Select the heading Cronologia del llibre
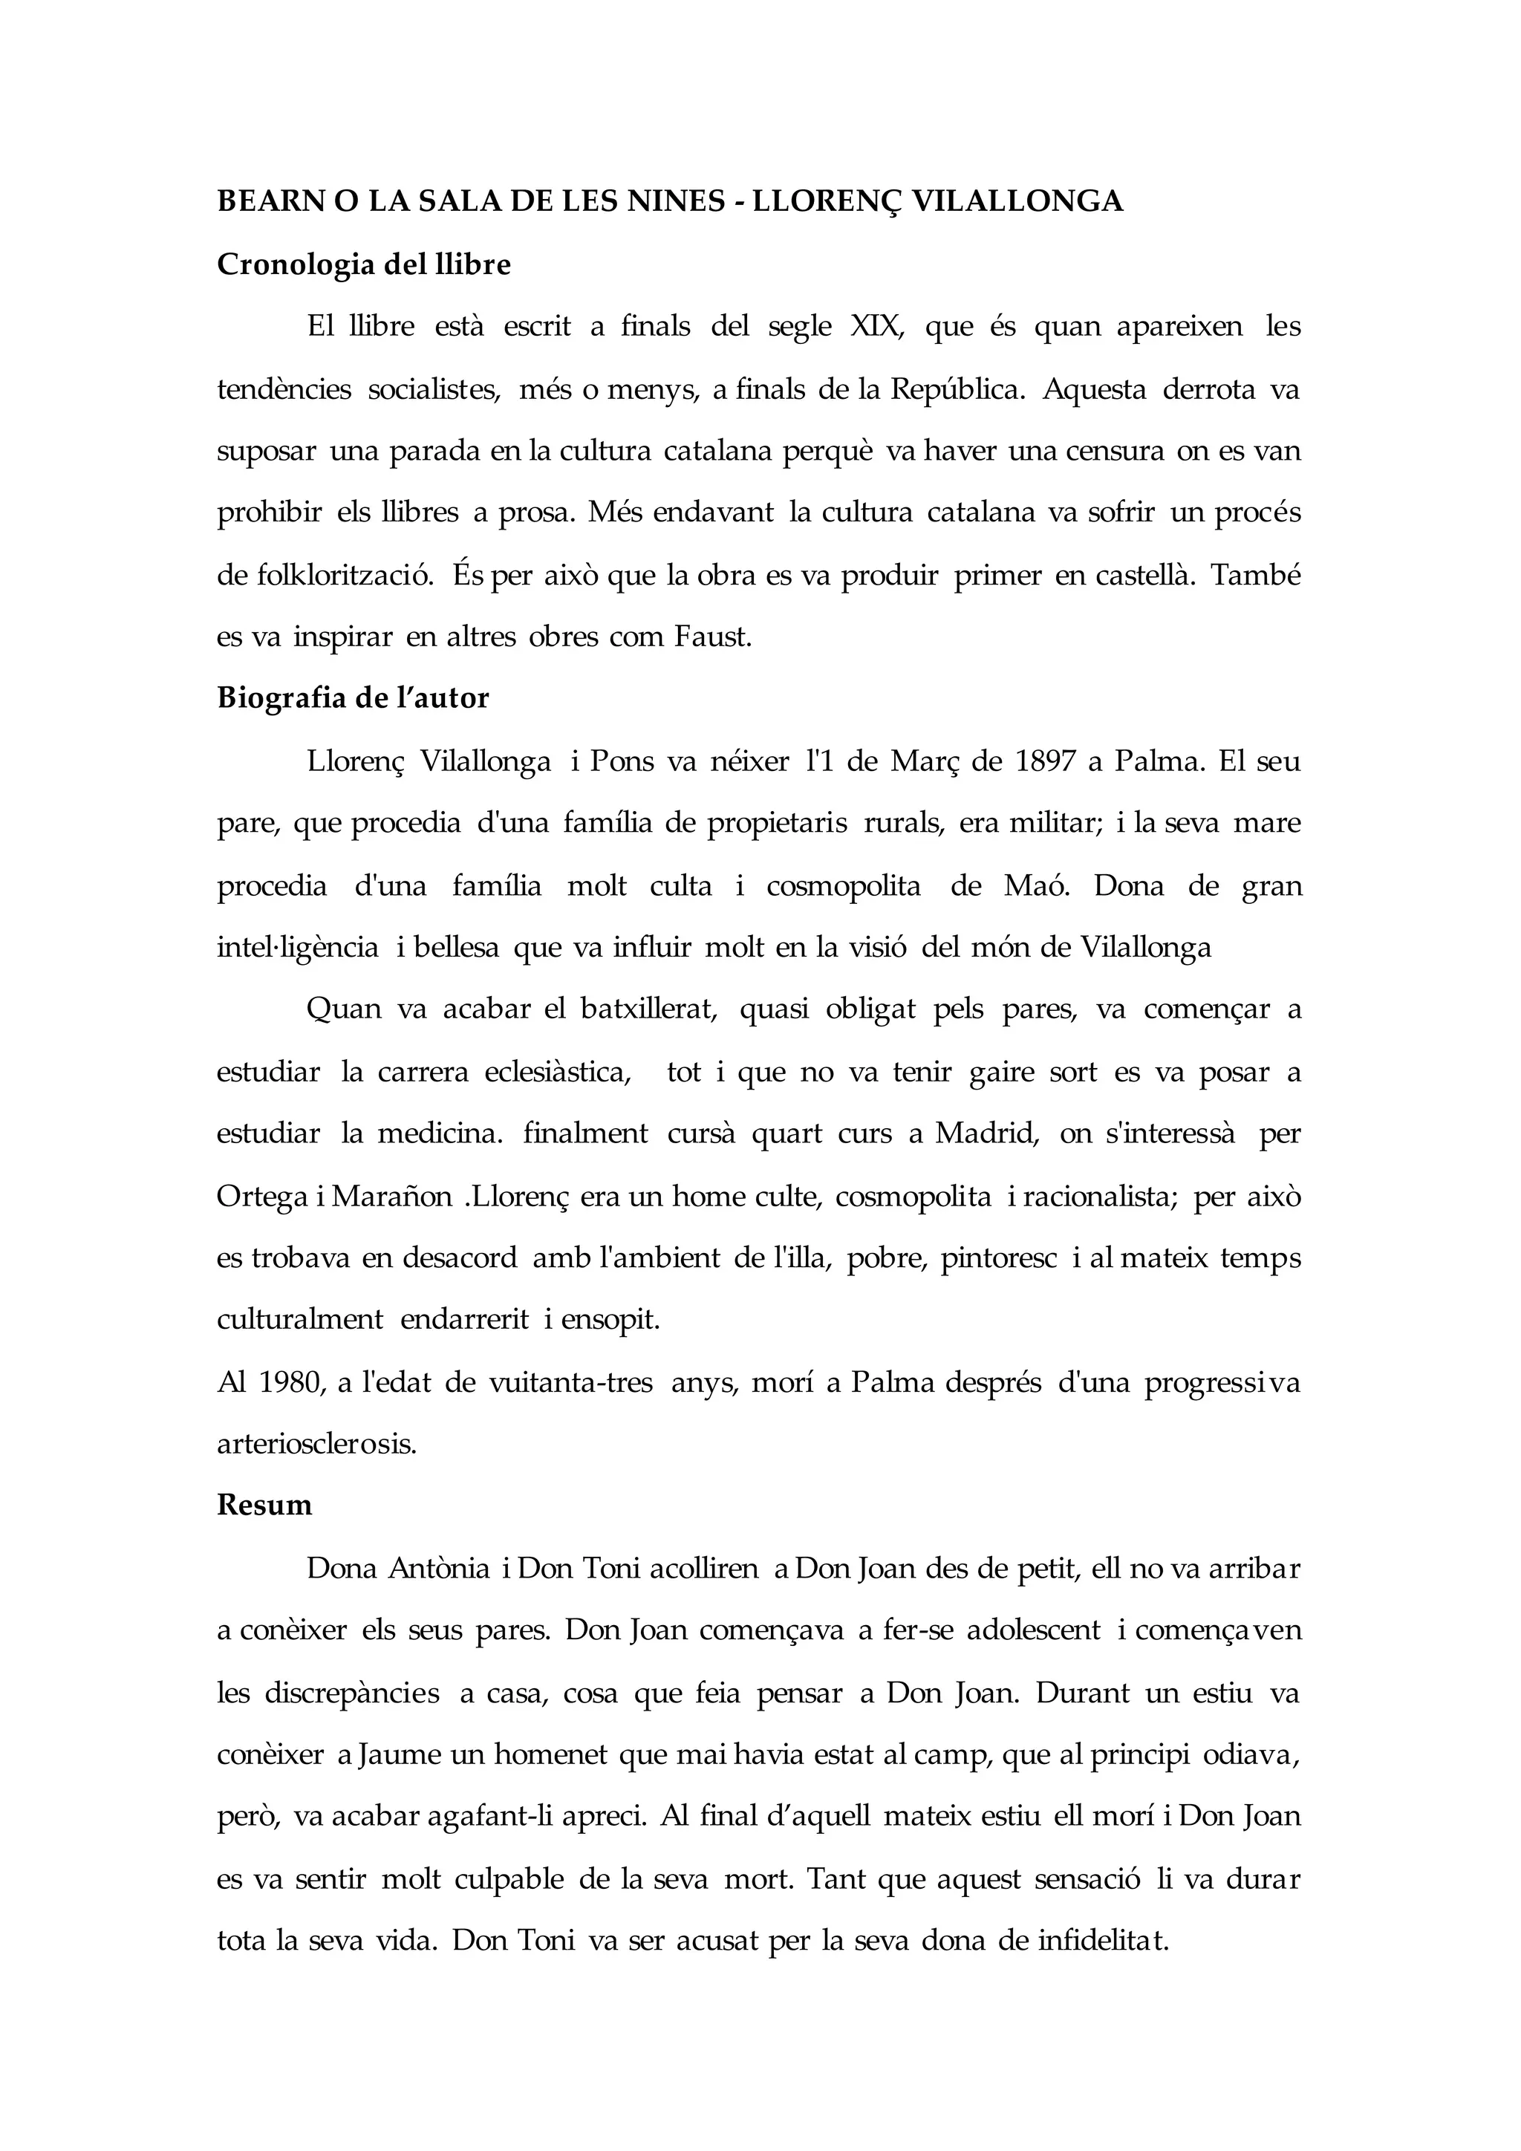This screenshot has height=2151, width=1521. point(363,265)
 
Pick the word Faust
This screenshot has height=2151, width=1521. point(713,637)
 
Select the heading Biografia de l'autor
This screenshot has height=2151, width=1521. point(353,698)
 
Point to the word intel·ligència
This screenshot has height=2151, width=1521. point(298,947)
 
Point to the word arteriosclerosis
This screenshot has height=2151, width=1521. point(316,1444)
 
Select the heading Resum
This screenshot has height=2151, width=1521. point(264,1506)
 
